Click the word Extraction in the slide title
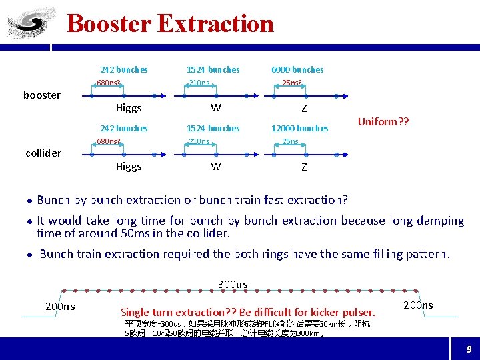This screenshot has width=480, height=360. coord(215,23)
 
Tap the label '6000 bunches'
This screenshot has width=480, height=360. coord(297,69)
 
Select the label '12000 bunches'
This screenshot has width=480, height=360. coord(300,128)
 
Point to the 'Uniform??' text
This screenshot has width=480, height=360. coord(383,122)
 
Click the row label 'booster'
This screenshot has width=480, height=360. coord(42,95)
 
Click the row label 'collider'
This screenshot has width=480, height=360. coord(43,153)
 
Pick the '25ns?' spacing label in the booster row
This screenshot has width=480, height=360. coord(292,83)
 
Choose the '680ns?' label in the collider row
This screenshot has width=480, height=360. coord(109,141)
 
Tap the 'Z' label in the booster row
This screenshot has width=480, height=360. coord(304,109)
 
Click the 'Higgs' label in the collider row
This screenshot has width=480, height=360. coord(129,167)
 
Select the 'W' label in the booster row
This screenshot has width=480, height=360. coord(216,108)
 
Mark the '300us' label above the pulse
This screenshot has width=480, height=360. coord(233,285)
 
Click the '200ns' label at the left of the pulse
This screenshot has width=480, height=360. coord(60,307)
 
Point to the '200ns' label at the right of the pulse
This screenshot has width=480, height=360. coord(418,305)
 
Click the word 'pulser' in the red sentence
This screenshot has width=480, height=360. coord(358,312)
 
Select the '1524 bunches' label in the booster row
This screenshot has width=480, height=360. coord(213,69)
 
